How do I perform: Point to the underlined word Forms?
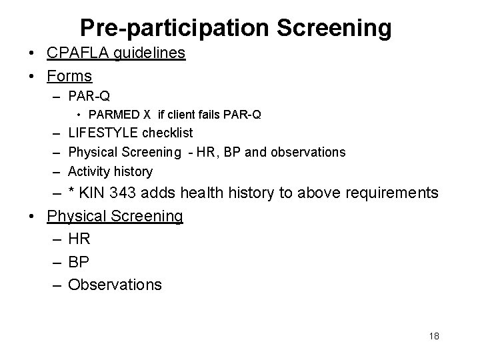click(69, 75)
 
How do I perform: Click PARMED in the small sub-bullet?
click(109, 115)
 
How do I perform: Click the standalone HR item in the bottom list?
click(79, 239)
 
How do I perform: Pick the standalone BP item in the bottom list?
click(79, 261)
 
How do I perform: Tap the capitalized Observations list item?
click(115, 285)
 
